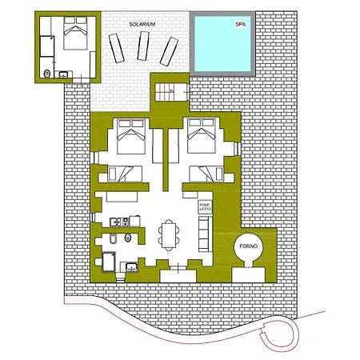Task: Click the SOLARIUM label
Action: tap(142, 26)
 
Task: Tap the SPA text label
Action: tap(240, 26)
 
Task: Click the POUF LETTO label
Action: tap(204, 207)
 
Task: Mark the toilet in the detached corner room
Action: tap(48, 74)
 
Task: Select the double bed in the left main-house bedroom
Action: tap(130, 138)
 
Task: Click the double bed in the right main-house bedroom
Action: tap(201, 138)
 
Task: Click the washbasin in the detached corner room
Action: tap(64, 75)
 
